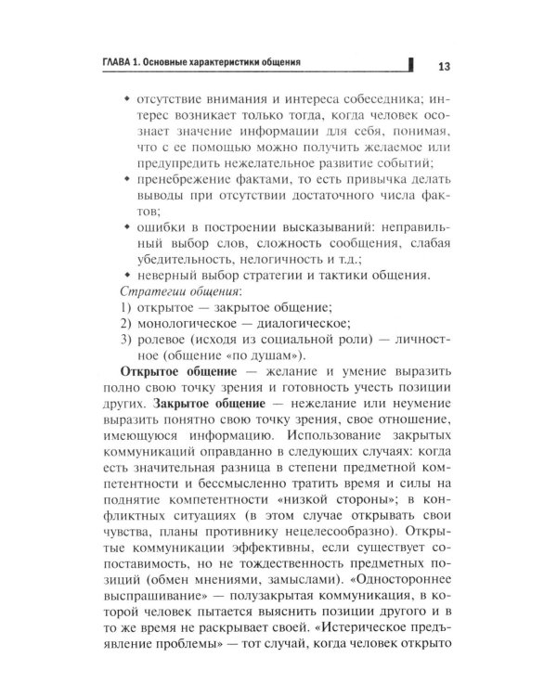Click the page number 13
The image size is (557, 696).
[443, 66]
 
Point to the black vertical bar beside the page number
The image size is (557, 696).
[410, 64]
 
